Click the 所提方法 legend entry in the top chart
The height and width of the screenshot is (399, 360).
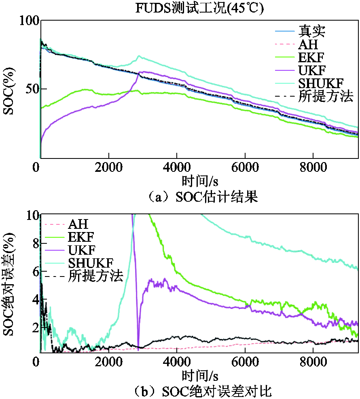click(x=326, y=96)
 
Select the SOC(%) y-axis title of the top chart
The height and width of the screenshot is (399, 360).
click(x=10, y=89)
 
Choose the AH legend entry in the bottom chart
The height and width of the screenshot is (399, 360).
click(x=78, y=224)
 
